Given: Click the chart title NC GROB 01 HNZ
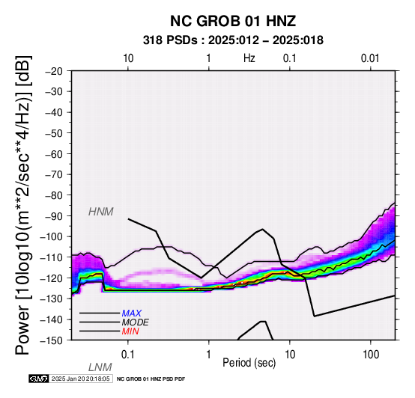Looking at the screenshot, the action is pyautogui.click(x=233, y=21).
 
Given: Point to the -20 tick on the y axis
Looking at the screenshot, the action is pyautogui.click(x=54, y=71).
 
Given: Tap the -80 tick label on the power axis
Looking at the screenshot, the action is pyautogui.click(x=54, y=195).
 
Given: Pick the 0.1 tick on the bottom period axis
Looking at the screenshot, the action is pyautogui.click(x=128, y=355).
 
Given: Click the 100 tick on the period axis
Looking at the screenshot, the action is pyautogui.click(x=371, y=355).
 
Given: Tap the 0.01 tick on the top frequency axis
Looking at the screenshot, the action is pyautogui.click(x=370, y=58).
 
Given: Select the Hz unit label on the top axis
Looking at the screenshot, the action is pyautogui.click(x=249, y=58).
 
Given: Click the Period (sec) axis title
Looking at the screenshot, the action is pyautogui.click(x=249, y=363).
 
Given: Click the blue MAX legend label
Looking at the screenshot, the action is pyautogui.click(x=132, y=313).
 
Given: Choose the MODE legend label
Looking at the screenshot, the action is pyautogui.click(x=136, y=322).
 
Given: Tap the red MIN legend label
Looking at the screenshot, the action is pyautogui.click(x=130, y=331).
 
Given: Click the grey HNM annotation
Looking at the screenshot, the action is pyautogui.click(x=101, y=212).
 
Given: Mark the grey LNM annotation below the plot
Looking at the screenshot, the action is pyautogui.click(x=100, y=367).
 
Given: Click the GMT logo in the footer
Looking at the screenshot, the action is pyautogui.click(x=39, y=379).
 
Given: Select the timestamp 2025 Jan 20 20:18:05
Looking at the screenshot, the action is pyautogui.click(x=80, y=379).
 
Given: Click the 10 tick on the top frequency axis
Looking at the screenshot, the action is pyautogui.click(x=128, y=58).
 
